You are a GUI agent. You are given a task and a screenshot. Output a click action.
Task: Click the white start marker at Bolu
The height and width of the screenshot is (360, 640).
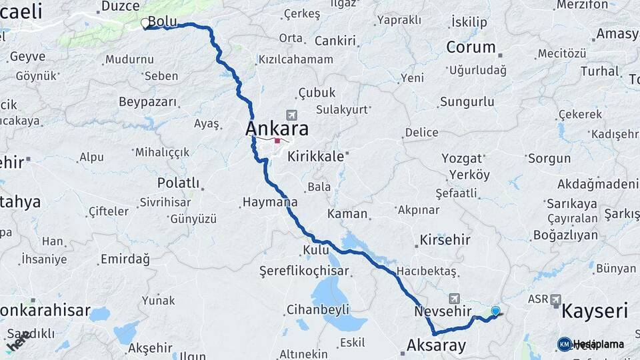click(x=145, y=24)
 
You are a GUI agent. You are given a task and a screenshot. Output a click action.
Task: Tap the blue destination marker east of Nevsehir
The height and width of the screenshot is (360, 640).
click(x=495, y=311)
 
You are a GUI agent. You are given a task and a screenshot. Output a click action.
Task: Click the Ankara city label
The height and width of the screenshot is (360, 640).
click(x=277, y=128)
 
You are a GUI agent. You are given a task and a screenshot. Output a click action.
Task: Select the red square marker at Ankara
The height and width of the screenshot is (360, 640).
click(x=277, y=141)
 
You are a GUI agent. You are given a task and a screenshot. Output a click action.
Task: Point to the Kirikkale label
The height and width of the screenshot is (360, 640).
click(x=316, y=157)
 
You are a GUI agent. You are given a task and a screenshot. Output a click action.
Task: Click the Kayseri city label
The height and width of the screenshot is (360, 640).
click(x=595, y=311)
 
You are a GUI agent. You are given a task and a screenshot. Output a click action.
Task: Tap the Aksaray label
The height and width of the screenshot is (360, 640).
click(x=436, y=345)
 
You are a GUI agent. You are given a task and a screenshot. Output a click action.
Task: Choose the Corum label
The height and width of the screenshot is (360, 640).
click(x=471, y=47)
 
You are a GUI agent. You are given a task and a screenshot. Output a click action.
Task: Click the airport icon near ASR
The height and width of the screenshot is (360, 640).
click(x=555, y=300)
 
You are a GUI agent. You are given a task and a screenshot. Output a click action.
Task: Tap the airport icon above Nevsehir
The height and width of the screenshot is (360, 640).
click(x=455, y=299)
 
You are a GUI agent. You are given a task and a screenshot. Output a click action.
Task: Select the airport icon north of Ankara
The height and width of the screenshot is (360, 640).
click(x=291, y=115)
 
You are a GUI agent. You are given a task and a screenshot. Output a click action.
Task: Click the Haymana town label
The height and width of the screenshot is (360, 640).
click(x=270, y=201)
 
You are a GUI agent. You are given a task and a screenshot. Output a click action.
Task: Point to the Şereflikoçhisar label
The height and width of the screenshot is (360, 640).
click(x=304, y=271)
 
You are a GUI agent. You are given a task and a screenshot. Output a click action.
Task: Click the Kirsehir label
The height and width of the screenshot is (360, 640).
click(x=445, y=240)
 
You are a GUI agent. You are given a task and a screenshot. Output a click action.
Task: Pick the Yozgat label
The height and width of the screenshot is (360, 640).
click(x=461, y=159)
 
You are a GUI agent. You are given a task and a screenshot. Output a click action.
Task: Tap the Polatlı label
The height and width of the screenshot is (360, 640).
click(x=178, y=183)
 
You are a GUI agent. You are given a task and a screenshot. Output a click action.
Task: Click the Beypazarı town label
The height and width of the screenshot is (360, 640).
click(x=148, y=102)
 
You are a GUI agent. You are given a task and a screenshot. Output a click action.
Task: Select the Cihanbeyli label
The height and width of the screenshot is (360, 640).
click(x=317, y=309)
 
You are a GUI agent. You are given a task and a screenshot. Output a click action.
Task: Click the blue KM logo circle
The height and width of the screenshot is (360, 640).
click(x=565, y=344)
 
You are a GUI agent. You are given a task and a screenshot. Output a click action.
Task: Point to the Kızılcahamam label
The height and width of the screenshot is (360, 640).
click(x=295, y=60)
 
